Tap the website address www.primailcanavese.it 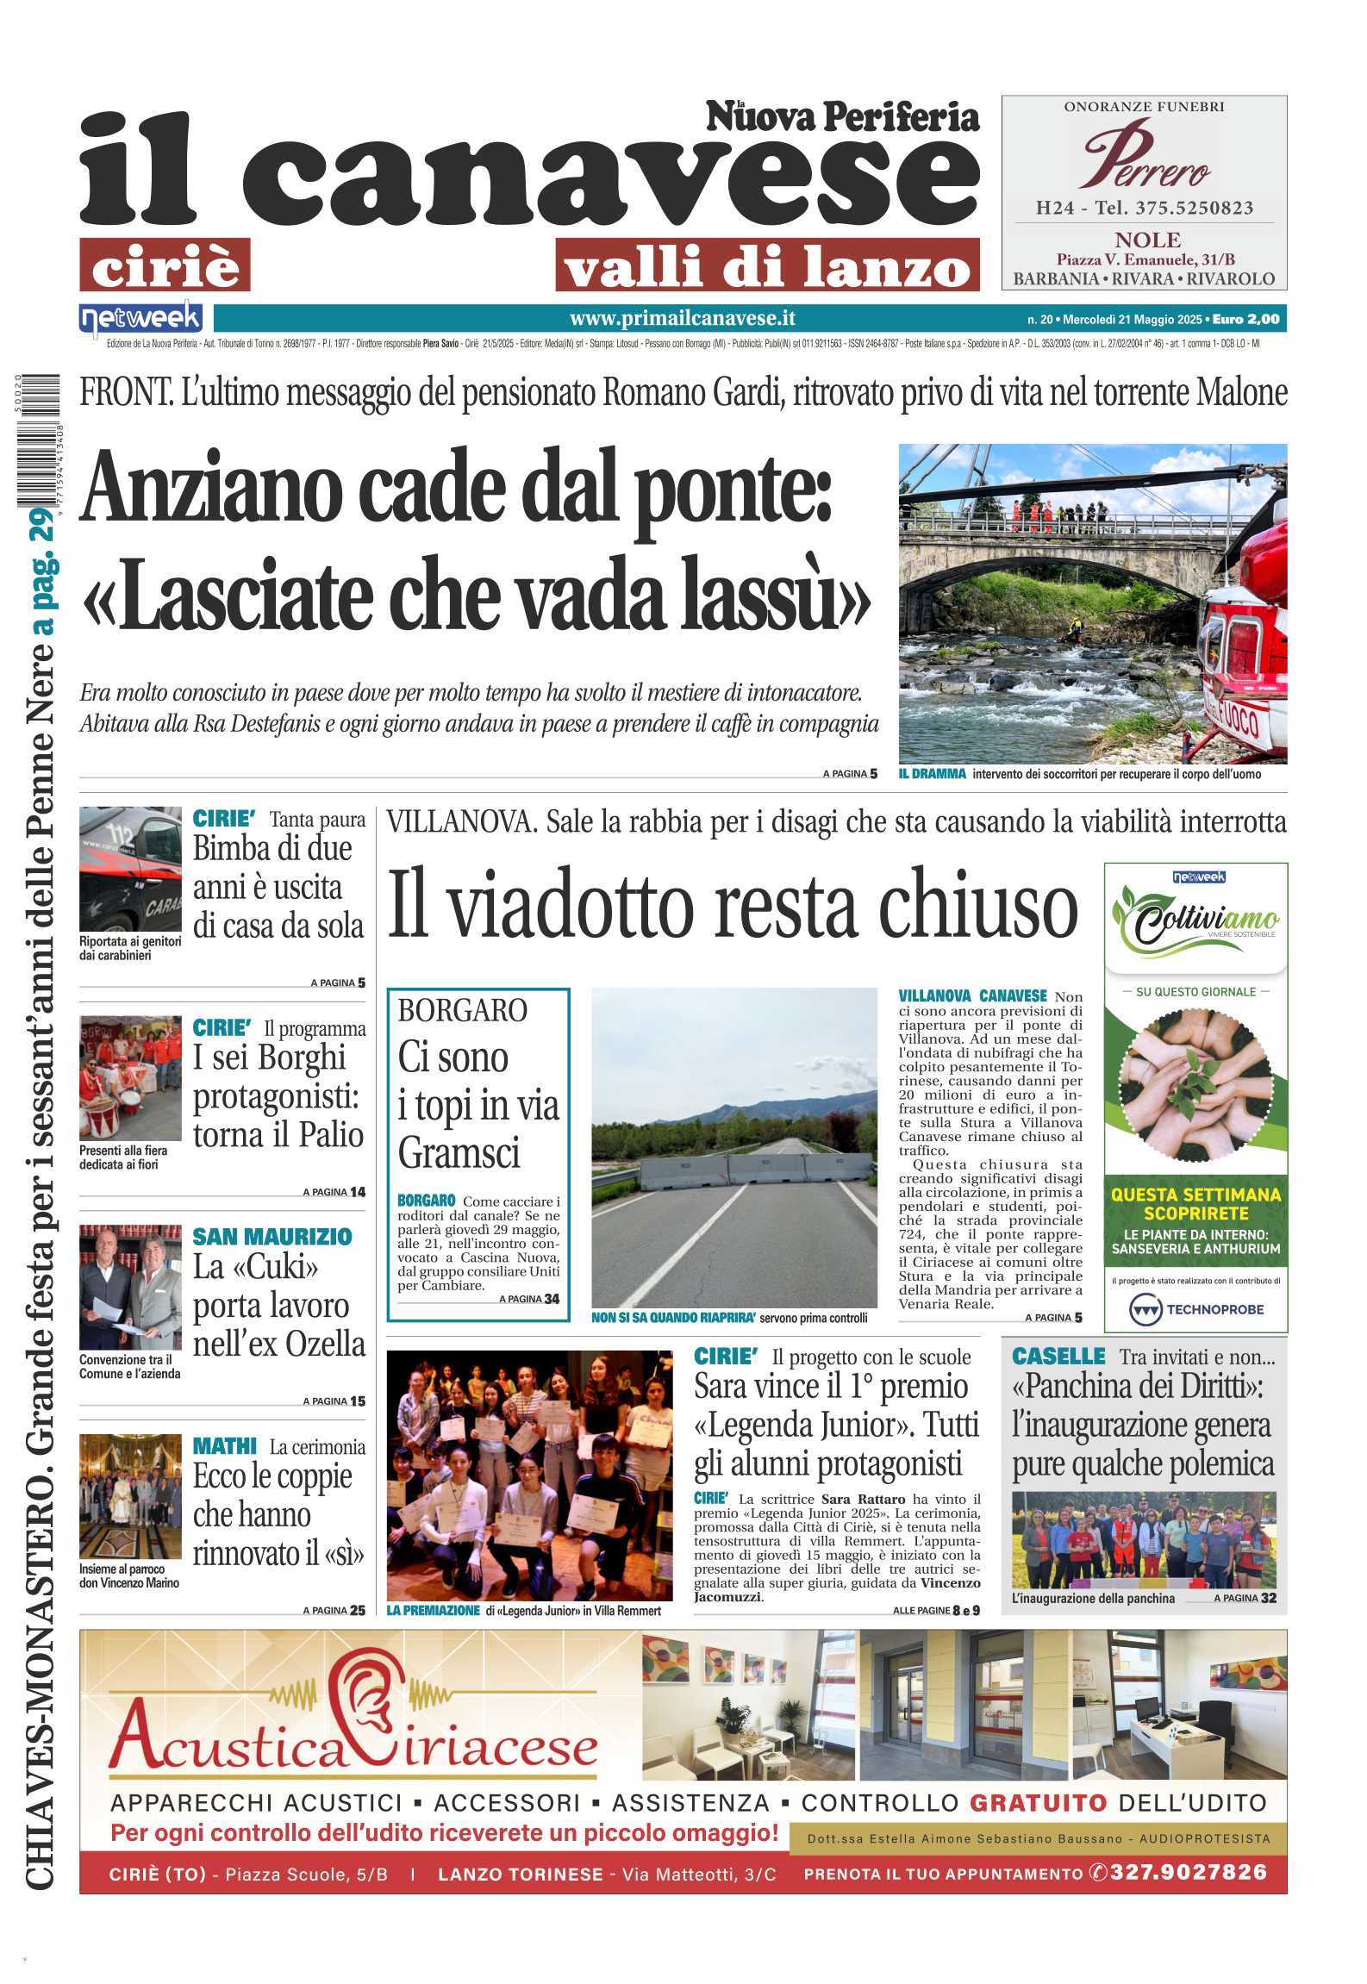682,319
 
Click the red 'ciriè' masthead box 165,265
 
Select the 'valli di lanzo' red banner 767,265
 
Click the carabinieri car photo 130,868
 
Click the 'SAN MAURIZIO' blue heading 272,1237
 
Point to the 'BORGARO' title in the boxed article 462,1010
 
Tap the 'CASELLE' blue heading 1058,1357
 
